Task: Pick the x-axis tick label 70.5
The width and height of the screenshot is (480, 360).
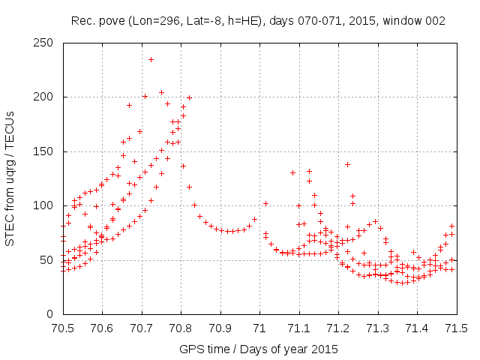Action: coord(61,328)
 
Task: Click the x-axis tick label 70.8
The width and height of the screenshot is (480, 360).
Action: coord(180,328)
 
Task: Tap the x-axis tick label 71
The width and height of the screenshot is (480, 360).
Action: coord(259,328)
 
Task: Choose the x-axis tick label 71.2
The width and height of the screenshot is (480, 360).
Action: coord(338,328)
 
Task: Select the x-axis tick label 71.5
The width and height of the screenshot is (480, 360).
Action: coord(457,328)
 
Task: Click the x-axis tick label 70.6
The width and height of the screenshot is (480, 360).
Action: coord(101,328)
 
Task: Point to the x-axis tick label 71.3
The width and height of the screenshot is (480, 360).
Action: coord(378,328)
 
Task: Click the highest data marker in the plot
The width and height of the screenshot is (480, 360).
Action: coord(151,59)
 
